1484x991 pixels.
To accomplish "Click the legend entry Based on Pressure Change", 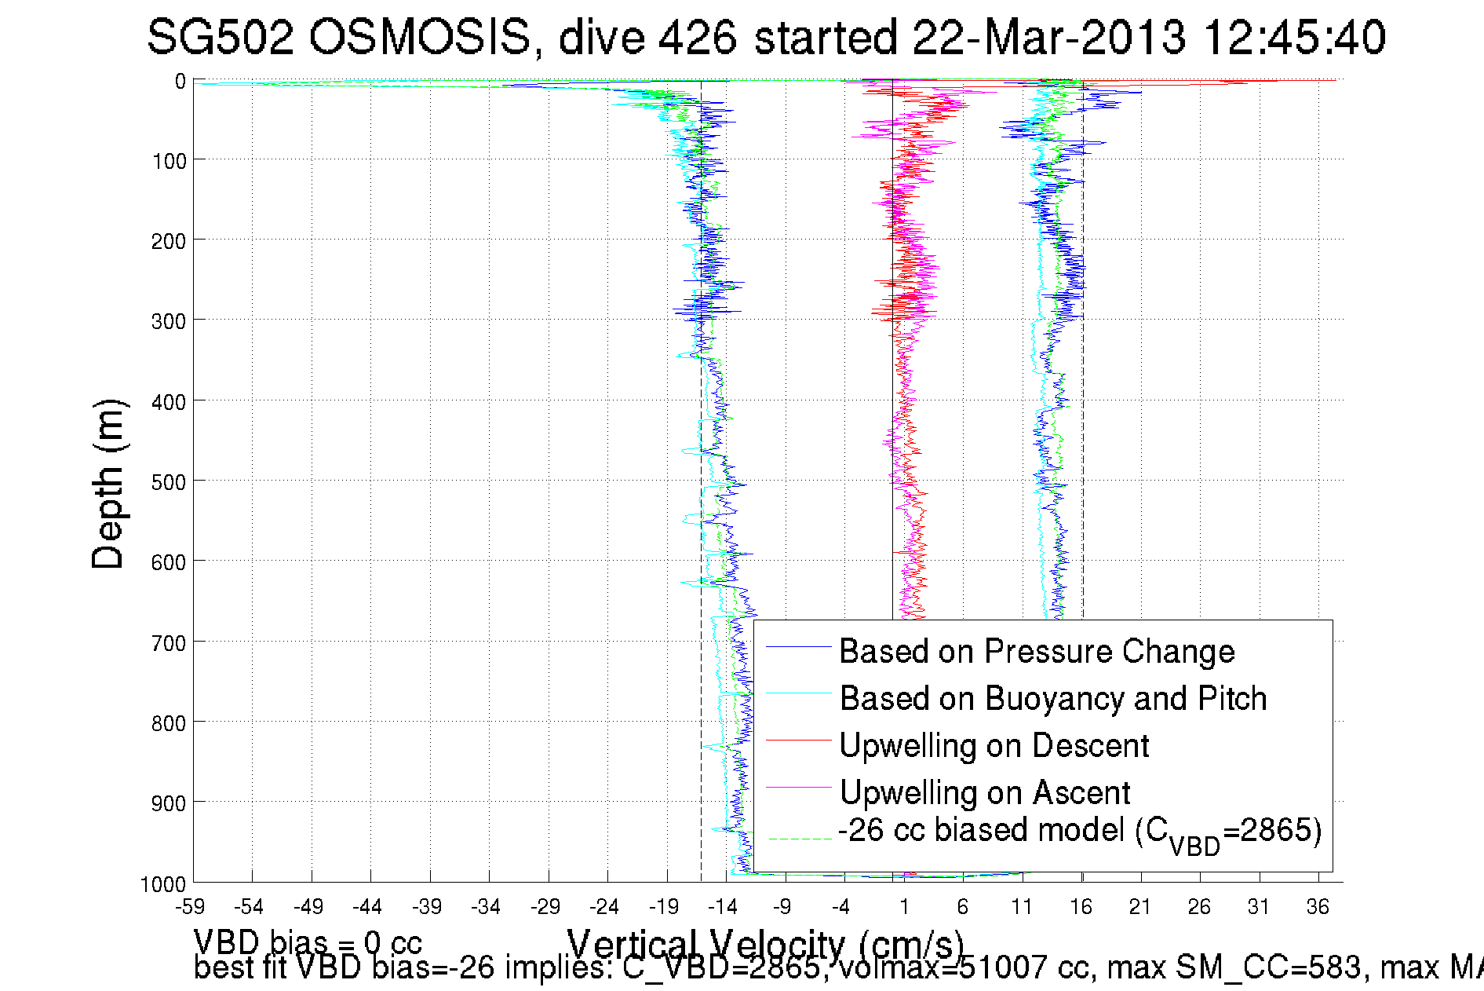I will [x=1037, y=652].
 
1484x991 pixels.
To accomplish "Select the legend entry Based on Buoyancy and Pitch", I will [x=1052, y=699].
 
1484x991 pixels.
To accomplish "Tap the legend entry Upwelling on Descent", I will [x=994, y=746].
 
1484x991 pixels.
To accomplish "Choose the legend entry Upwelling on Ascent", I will [x=984, y=793].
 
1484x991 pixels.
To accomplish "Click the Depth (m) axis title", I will [x=108, y=484].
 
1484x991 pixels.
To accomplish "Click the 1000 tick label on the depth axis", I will [x=163, y=885].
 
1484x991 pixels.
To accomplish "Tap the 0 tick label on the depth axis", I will [x=180, y=82].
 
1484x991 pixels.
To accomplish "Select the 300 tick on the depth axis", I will [x=168, y=321].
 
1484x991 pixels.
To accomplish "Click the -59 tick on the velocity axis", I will [x=190, y=908].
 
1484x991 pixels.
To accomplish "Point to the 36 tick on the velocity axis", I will [x=1318, y=908].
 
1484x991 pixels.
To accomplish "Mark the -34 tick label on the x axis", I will [x=487, y=908].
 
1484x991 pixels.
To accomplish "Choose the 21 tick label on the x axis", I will [x=1140, y=908].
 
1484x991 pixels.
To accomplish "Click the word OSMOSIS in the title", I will [x=419, y=38].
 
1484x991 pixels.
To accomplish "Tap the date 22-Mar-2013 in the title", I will [x=1048, y=38].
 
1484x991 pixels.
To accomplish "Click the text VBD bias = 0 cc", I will [x=308, y=942].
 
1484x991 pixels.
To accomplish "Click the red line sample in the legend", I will [x=798, y=740].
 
